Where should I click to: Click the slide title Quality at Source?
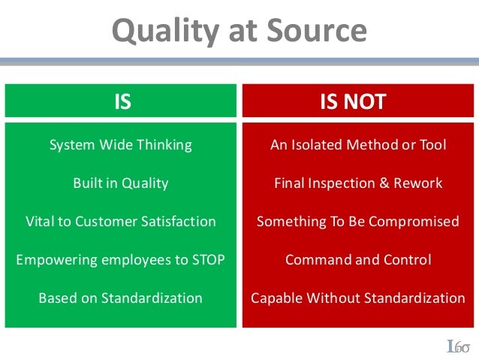239,31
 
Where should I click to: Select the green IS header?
122,101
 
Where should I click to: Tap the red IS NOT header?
357,101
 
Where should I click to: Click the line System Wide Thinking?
120,144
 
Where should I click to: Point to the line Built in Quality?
120,183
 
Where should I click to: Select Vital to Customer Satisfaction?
120,222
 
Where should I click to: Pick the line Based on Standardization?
120,298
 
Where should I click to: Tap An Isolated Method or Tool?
357,144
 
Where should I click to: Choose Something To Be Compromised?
357,222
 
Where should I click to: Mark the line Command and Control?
357,260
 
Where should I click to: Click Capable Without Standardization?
357,298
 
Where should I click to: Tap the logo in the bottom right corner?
458,346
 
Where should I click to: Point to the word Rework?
420,183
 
